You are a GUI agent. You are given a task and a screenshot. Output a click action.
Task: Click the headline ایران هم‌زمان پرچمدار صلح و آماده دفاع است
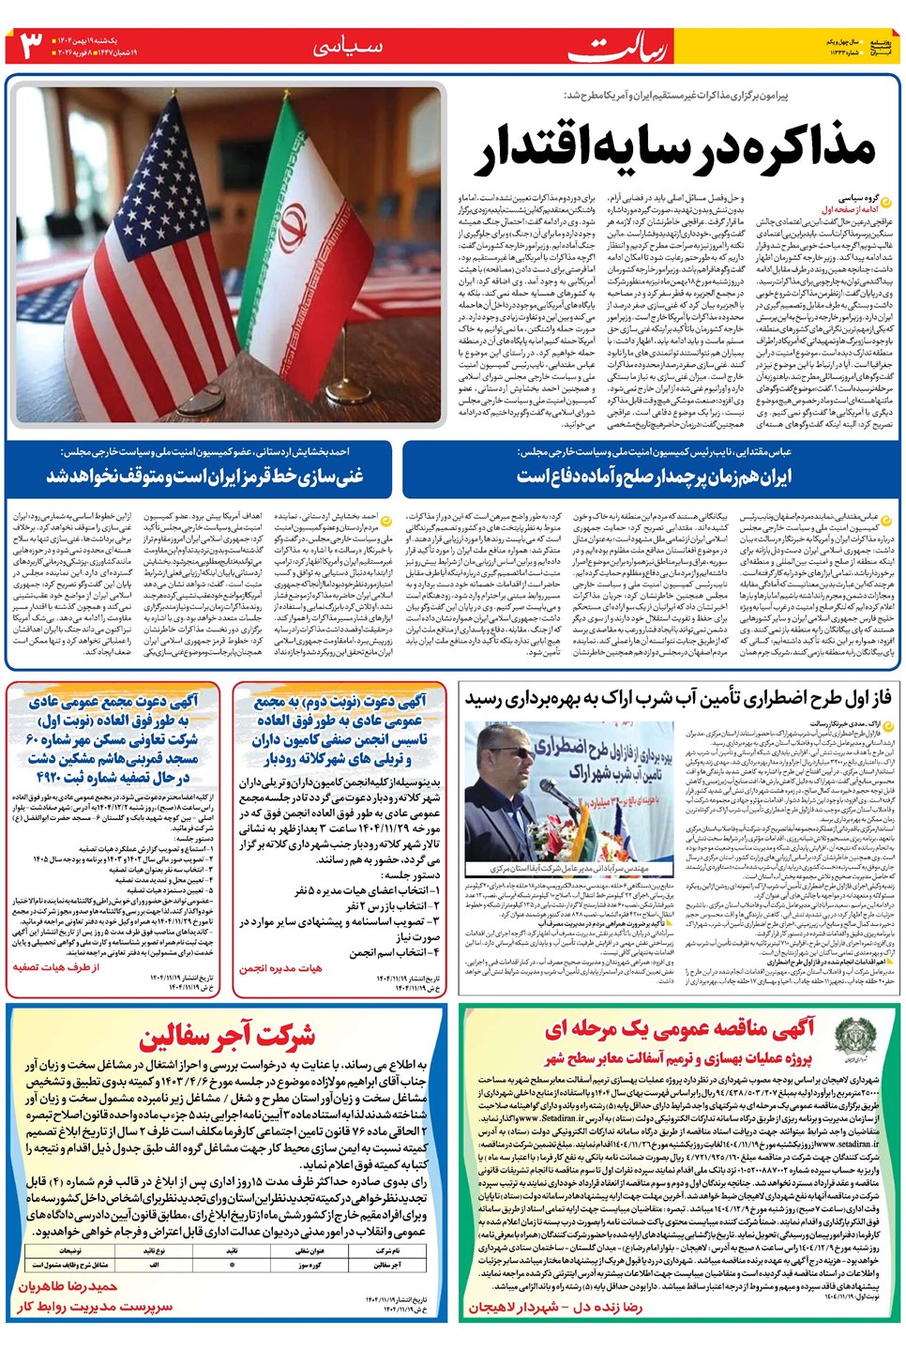(654, 476)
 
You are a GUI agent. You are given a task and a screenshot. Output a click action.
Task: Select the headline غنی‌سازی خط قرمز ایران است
(204, 476)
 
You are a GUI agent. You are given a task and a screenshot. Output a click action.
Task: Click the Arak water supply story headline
(678, 698)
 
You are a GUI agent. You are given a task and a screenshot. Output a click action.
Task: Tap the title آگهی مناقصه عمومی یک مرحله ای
(681, 1029)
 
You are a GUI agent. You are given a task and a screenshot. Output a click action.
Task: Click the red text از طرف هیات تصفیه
(56, 966)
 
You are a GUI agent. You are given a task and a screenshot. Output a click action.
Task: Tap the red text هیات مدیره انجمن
(280, 967)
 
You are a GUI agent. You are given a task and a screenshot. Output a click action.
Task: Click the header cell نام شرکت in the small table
(387, 1251)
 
